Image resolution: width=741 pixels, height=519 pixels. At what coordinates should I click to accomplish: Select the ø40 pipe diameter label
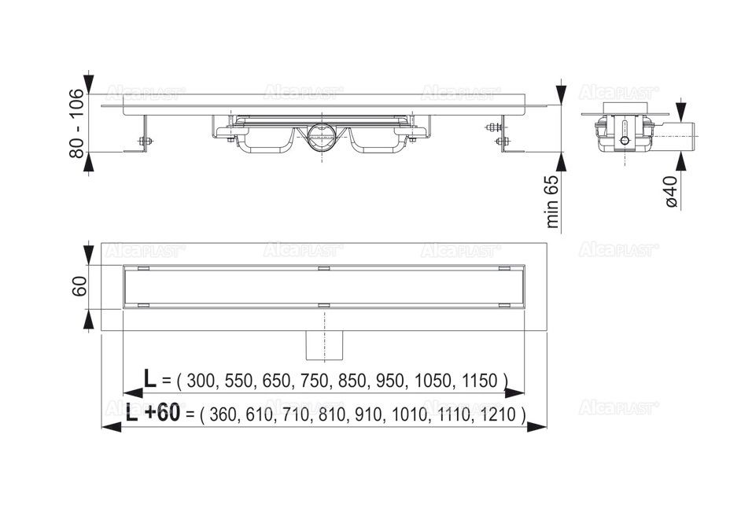coord(670,191)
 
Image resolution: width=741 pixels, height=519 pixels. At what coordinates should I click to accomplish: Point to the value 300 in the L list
coord(202,381)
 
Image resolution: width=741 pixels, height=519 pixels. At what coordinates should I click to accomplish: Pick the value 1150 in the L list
coord(477,381)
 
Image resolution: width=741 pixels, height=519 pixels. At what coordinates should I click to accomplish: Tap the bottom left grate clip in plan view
coord(142,304)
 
